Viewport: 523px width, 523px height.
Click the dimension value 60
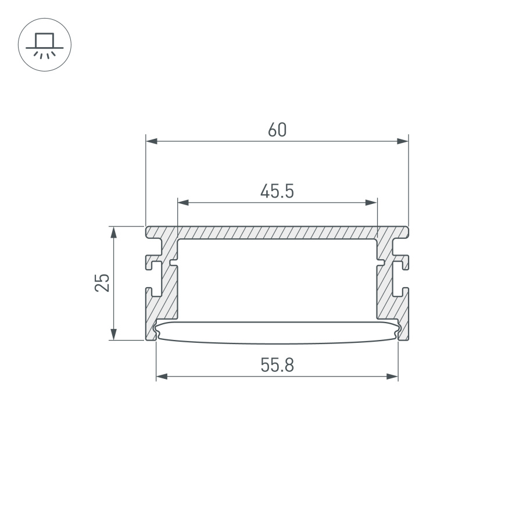277,130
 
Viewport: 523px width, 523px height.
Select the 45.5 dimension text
277,192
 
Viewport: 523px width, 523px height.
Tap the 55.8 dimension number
277,366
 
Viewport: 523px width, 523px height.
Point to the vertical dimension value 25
102,282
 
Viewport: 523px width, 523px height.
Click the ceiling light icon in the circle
45,45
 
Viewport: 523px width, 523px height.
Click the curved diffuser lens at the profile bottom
277,332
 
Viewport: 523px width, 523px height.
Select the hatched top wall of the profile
277,232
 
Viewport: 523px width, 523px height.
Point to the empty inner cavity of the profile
277,279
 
